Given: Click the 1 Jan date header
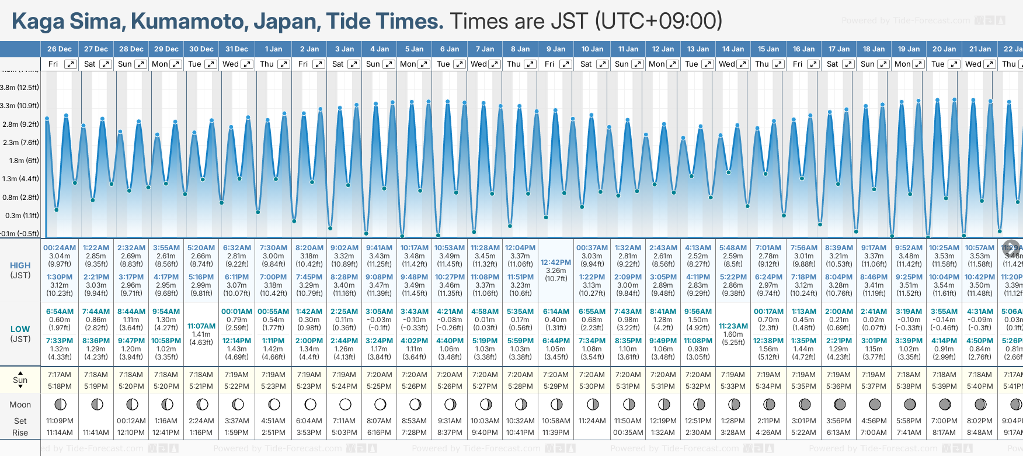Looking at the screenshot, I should coord(273,49).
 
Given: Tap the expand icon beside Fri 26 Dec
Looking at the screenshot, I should coord(70,64).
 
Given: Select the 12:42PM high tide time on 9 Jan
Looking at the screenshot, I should coord(555,262).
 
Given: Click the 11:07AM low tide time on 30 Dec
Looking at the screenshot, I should coord(201,326).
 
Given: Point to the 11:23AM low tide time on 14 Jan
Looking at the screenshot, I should coord(733,326).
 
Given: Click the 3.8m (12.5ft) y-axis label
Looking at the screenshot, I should coord(19,88).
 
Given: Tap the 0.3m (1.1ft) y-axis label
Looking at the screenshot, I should coord(19,216).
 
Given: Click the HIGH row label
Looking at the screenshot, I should coord(20,265).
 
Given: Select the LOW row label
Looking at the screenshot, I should coord(20,329).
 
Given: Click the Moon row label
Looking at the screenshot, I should coord(20,405).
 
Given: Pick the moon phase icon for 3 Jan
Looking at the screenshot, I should coord(345,404).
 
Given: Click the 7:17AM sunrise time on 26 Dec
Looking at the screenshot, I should coord(60,375).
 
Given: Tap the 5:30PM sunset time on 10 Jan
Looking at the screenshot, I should coord(592,386).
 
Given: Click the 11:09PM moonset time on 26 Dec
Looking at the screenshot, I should coord(60,421).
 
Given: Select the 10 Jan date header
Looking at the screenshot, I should coord(592,49).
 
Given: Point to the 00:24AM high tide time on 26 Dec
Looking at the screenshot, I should coord(60,248).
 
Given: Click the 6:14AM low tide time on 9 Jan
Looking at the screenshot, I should coord(555,312).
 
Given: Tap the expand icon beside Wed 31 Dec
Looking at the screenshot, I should coord(247,64).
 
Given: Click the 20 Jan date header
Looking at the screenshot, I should coord(944,49).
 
